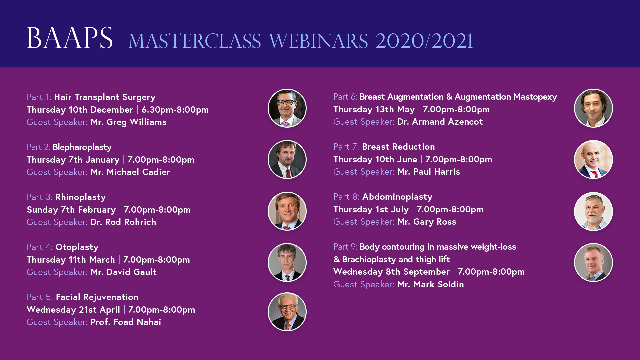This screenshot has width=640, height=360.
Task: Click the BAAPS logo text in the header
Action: (70, 38)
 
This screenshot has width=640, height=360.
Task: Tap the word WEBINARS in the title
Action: (318, 41)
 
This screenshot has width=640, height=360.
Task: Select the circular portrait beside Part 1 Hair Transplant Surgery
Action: (287, 108)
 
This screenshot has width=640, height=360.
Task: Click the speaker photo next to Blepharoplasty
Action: (287, 159)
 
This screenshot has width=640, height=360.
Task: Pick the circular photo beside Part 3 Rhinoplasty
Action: (287, 211)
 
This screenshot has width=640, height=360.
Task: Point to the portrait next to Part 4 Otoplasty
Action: (287, 262)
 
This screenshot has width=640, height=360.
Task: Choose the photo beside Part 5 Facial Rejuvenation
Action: (287, 312)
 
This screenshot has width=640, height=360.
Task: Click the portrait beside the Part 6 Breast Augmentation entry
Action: (593, 108)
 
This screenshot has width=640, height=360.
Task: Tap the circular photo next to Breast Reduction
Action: (593, 159)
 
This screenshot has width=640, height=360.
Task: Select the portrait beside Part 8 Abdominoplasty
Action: (593, 211)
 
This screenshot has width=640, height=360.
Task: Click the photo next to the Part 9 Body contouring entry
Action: (593, 262)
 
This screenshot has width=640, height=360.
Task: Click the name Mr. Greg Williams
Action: (129, 122)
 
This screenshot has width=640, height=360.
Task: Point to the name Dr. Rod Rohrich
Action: (123, 222)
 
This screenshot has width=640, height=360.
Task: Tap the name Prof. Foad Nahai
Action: (126, 322)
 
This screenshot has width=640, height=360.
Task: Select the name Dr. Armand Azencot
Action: (440, 122)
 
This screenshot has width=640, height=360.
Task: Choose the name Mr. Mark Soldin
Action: (431, 284)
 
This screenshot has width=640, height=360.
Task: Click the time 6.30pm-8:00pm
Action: (175, 110)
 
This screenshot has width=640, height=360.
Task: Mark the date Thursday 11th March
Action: (71, 260)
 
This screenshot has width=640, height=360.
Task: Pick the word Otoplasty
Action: (77, 247)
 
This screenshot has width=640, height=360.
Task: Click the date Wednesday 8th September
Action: (391, 272)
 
